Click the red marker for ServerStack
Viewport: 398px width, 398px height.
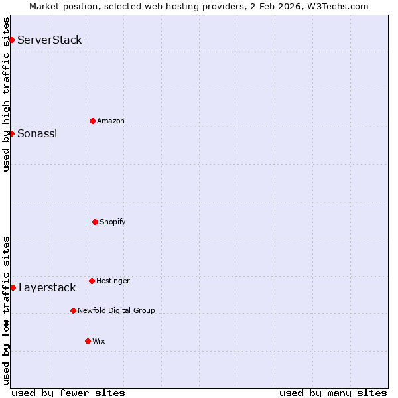11,40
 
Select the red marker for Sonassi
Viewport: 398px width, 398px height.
11,133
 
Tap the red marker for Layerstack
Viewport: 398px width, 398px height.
13,287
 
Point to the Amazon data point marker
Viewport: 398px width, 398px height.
92,121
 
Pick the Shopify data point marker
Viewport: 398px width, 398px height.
95,222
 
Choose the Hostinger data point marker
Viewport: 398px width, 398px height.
92,281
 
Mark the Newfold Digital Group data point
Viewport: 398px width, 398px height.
73,310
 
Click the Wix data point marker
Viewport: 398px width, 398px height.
88,341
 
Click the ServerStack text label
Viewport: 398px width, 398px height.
50,40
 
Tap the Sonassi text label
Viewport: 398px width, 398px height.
37,133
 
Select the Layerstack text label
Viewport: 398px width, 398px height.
47,287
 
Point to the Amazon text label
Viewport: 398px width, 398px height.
111,121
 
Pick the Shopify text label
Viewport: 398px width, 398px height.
113,222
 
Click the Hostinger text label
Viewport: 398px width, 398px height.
113,281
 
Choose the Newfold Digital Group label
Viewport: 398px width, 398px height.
116,310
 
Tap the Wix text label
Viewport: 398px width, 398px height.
99,341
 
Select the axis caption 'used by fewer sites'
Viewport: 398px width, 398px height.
68,393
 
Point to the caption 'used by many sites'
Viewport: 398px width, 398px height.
333,393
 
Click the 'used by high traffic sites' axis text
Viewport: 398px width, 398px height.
6,94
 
